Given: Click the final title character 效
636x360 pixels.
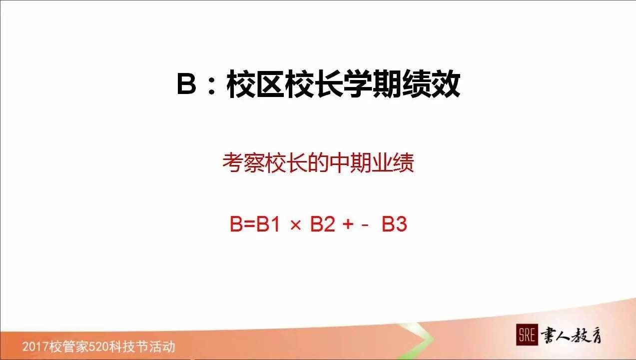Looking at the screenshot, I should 445,85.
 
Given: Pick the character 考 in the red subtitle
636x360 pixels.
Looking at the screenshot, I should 232,163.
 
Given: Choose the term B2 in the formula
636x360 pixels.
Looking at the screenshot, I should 322,224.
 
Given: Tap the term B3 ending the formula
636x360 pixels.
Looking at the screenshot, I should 395,224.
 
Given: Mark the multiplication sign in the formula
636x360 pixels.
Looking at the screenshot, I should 296,225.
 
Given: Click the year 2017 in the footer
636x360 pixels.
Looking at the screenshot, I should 34,346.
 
